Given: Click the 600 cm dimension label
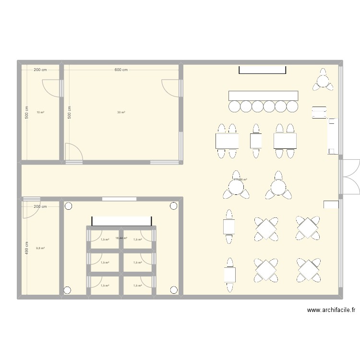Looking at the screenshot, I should click(121, 70).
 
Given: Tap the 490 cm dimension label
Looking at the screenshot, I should click(27, 248).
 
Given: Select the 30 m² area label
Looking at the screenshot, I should click(121, 112).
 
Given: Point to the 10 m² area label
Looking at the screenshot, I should click(40, 112).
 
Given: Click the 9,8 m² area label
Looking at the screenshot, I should click(40, 248).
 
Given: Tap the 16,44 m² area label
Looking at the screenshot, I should click(122, 238).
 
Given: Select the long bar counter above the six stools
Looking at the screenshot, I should click(264, 95).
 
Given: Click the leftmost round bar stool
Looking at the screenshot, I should click(235, 106).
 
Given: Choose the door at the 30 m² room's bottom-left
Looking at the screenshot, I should click(74, 153).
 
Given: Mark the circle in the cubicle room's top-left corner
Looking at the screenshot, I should click(68, 207).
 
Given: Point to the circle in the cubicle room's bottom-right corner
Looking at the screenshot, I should click(173, 289).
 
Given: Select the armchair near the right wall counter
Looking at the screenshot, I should click(319, 112).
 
